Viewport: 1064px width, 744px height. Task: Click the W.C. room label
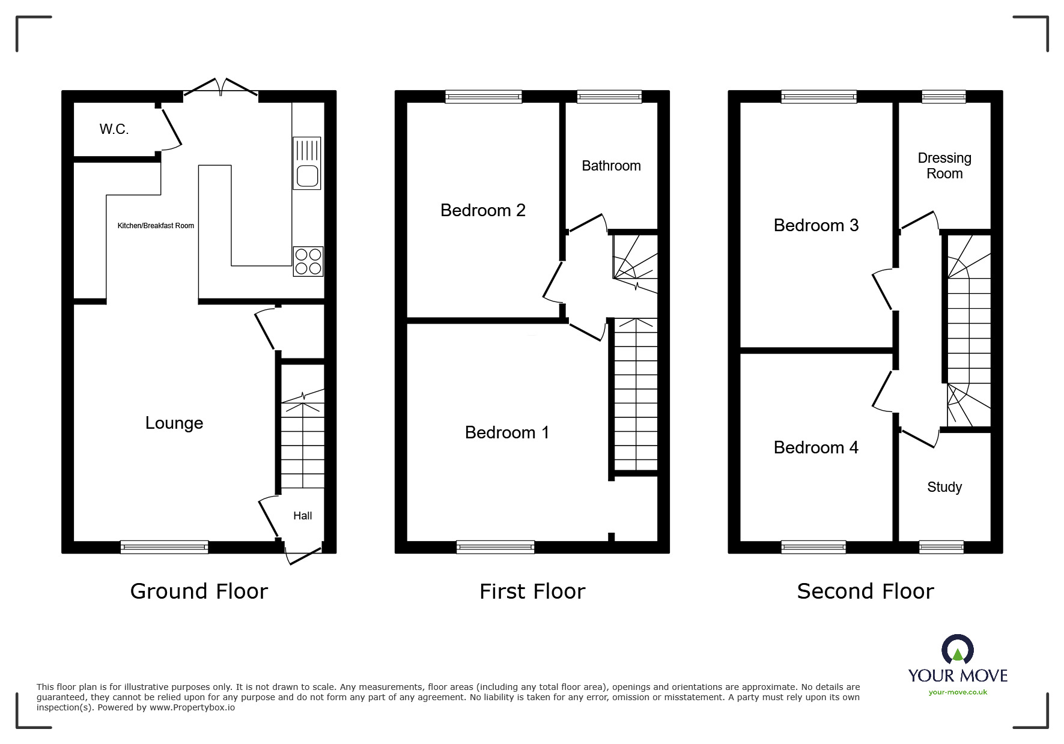[114, 129]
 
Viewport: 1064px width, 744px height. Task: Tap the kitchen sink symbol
[307, 163]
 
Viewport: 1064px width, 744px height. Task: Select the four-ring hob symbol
[308, 261]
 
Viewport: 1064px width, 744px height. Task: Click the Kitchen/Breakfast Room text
[156, 226]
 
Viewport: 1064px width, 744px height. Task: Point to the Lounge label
[174, 423]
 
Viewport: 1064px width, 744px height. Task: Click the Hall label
[303, 516]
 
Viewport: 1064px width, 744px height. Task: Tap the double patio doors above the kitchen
[221, 88]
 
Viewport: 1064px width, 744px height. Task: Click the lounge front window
[165, 546]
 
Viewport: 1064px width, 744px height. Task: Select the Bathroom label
[611, 166]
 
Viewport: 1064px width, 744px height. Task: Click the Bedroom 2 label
[482, 210]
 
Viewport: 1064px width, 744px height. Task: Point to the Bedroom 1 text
[507, 432]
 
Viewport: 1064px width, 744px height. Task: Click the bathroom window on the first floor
[609, 96]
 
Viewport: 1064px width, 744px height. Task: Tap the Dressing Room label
[944, 166]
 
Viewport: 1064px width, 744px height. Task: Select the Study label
[944, 487]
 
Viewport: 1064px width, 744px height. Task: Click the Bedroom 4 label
[816, 447]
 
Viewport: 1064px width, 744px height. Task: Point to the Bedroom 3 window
[819, 96]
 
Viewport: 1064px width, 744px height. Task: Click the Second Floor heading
[865, 591]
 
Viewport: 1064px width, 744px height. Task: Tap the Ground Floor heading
[199, 591]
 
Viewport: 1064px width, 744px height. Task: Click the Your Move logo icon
[957, 650]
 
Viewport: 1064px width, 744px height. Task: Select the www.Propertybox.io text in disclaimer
[192, 707]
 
